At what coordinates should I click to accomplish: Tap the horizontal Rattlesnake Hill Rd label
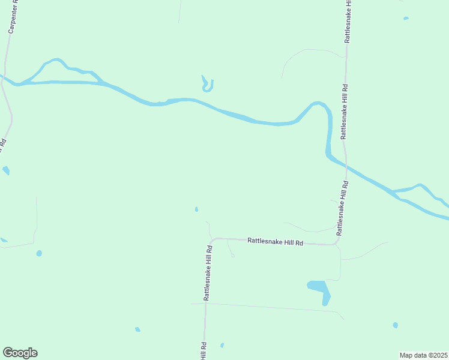(x=276, y=242)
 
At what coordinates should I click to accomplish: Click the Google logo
(x=20, y=353)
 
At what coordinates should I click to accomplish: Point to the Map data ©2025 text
(x=423, y=355)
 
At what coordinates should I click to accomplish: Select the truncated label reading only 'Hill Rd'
(x=204, y=351)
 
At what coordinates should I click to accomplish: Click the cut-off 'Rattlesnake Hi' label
(x=346, y=21)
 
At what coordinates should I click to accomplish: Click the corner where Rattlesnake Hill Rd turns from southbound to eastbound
(x=211, y=239)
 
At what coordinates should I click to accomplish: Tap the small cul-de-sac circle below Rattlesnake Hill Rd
(x=232, y=256)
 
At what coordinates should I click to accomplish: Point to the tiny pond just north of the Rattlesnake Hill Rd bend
(x=196, y=209)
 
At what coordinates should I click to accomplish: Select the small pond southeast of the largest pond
(x=395, y=325)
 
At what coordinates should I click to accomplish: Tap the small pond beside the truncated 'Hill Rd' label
(x=222, y=345)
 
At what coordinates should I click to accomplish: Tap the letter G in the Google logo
(x=8, y=352)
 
